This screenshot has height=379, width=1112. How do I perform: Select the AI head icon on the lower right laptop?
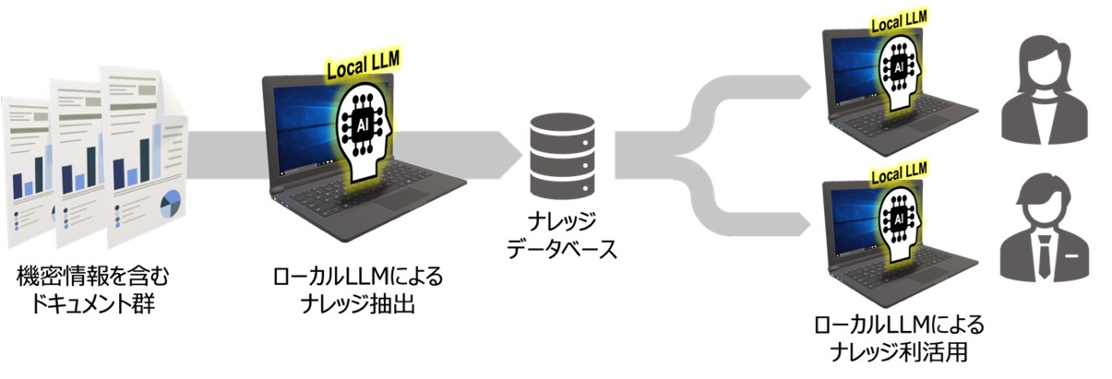[x=895, y=216]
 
